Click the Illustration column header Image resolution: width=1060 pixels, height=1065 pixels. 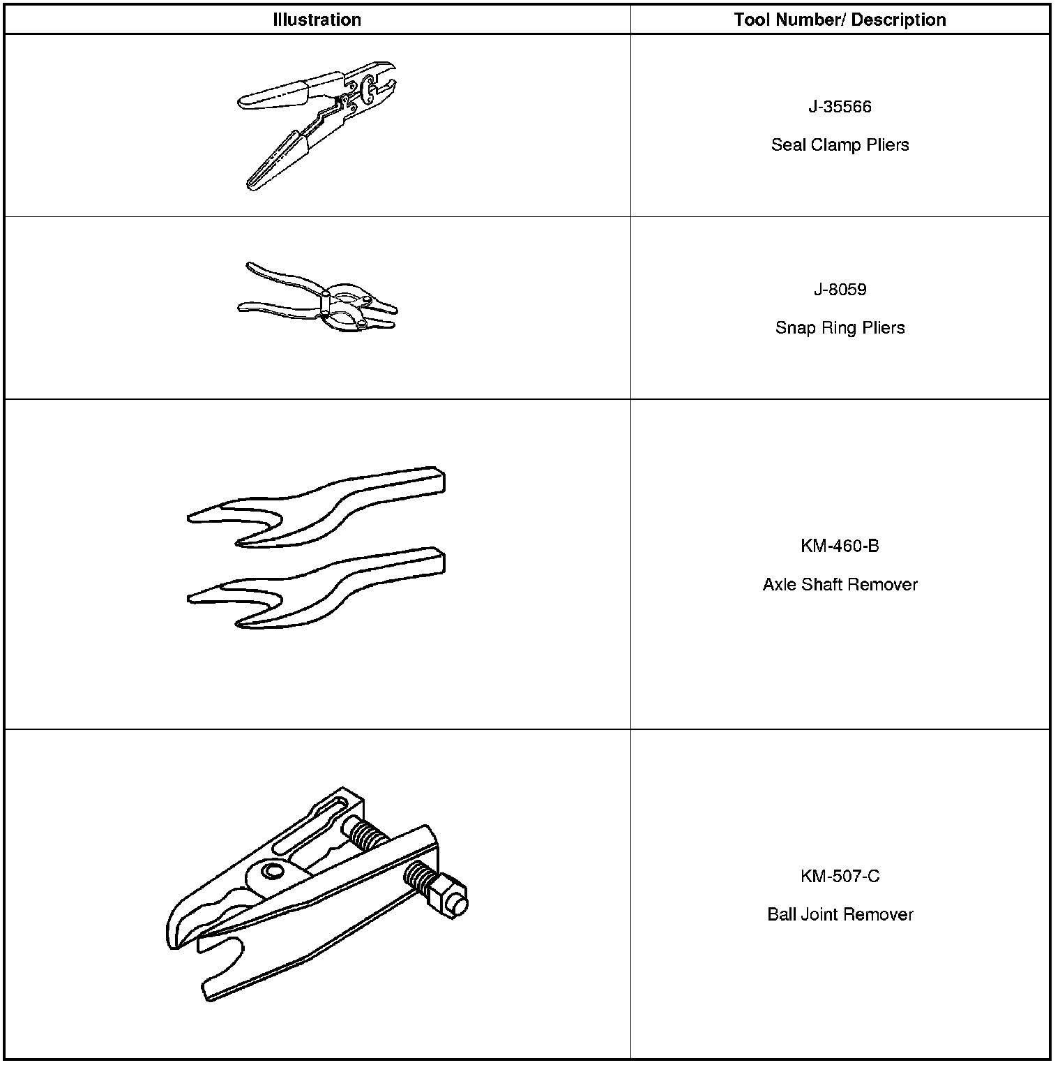(317, 20)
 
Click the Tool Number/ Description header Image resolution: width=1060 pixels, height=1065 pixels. (840, 20)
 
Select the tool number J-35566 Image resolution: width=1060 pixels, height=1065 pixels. (840, 107)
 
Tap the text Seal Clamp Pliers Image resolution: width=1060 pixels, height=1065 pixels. (840, 145)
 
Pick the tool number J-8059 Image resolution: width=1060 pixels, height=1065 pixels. (840, 290)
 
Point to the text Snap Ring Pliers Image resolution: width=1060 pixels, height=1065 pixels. (840, 328)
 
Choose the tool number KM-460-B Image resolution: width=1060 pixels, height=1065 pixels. (840, 546)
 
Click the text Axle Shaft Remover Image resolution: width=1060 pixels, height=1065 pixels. (840, 584)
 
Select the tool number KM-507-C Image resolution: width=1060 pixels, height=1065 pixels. (840, 876)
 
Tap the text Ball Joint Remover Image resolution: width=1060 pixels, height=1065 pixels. (840, 914)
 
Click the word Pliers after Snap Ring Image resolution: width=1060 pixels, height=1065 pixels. (882, 328)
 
